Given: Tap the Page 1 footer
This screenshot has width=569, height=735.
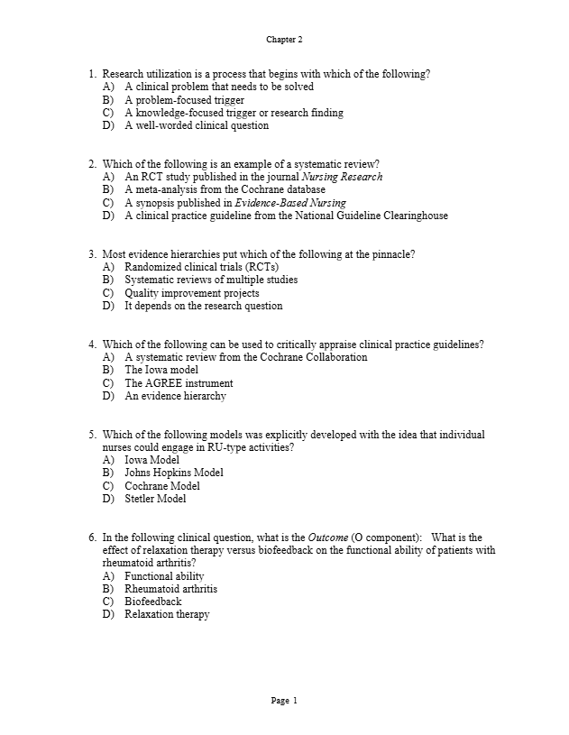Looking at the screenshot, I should click(284, 701).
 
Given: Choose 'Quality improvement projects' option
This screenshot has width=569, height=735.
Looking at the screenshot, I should click(191, 293).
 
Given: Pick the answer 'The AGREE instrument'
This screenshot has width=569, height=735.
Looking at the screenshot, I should click(179, 383).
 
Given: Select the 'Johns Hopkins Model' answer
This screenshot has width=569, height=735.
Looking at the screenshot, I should click(174, 473).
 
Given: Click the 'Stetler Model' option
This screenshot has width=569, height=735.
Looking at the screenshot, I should click(155, 499).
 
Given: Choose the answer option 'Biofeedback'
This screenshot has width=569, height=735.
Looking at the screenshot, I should click(152, 602).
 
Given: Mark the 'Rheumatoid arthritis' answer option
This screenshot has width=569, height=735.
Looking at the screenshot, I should click(170, 589).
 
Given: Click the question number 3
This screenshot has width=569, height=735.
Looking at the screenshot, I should click(92, 254).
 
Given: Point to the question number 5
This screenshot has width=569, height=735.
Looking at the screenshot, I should click(92, 435).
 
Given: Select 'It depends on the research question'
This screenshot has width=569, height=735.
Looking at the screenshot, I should click(203, 306).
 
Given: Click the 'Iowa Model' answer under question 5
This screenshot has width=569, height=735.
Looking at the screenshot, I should click(151, 460).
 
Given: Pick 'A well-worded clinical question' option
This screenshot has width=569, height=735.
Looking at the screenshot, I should click(197, 125).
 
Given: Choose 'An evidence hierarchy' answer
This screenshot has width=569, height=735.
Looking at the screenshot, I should click(175, 396).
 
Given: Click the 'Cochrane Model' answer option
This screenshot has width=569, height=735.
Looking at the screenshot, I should click(162, 486).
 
